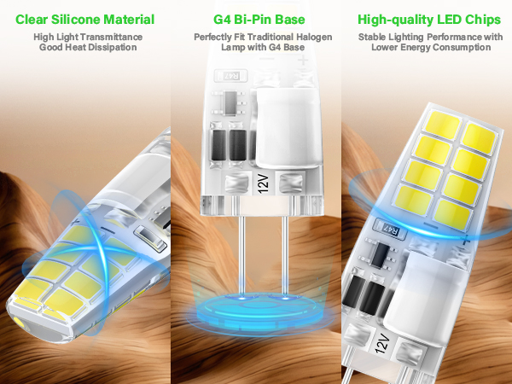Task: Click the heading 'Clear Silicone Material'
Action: pyautogui.click(x=85, y=19)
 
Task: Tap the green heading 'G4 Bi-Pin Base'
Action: pyautogui.click(x=256, y=19)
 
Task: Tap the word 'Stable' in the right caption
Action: pyautogui.click(x=375, y=38)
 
